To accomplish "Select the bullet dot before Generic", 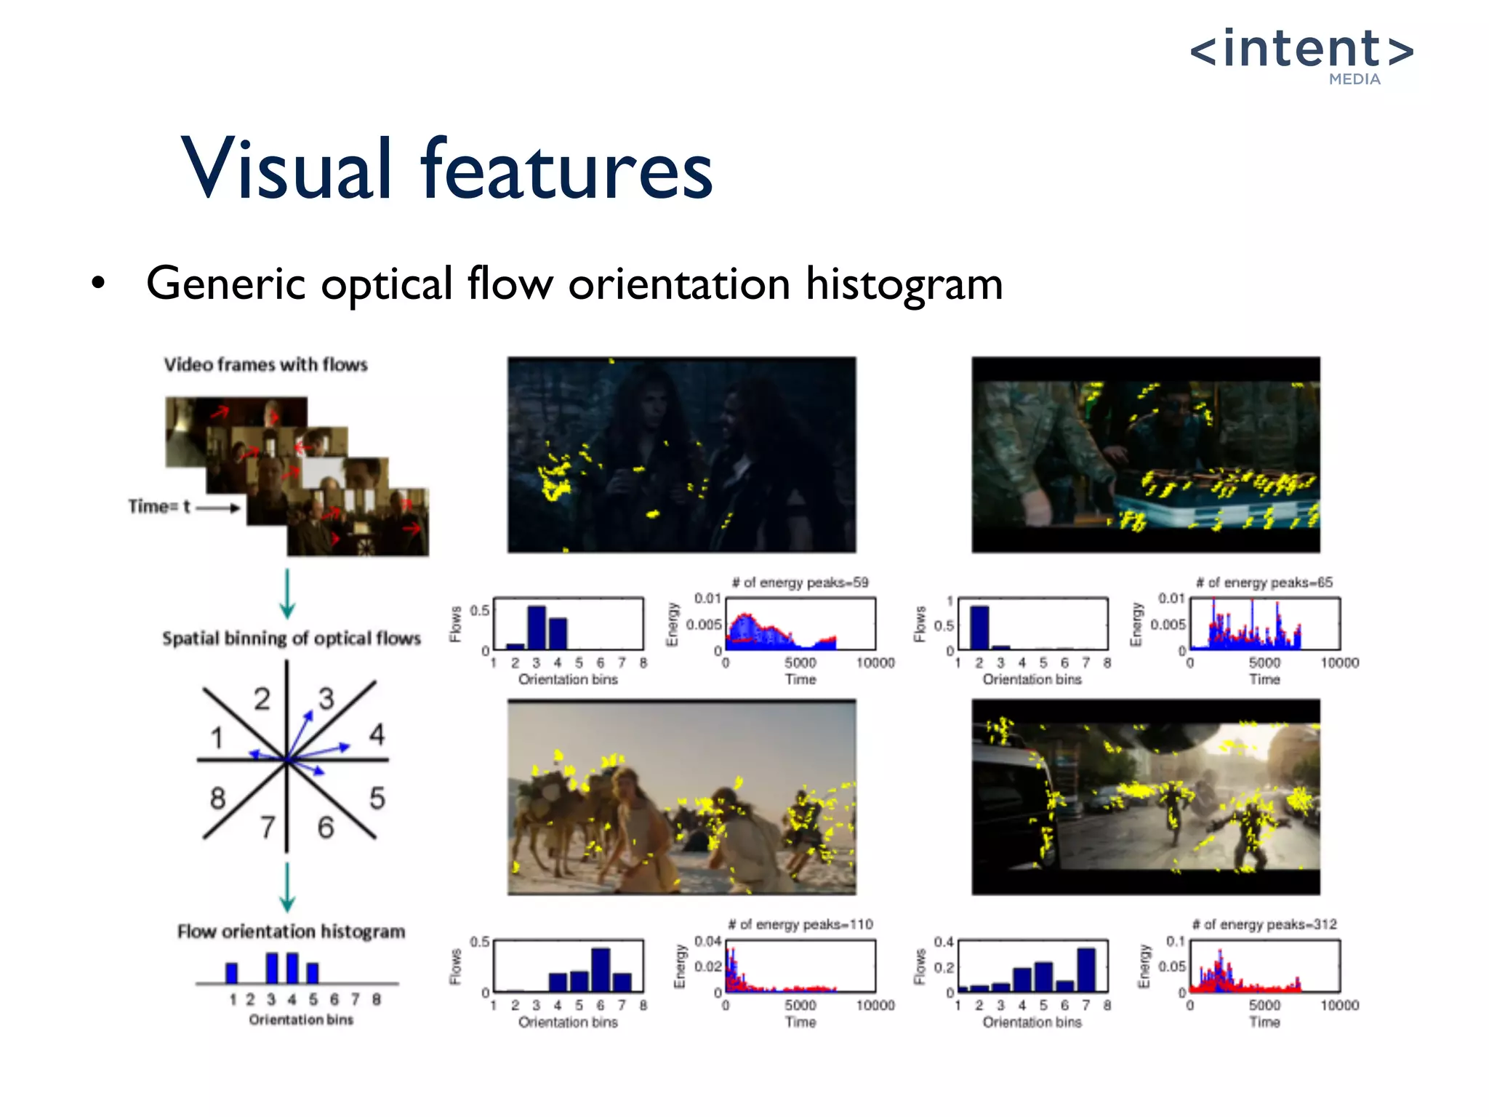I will (98, 283).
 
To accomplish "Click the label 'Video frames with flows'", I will (265, 364).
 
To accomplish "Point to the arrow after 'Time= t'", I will (218, 508).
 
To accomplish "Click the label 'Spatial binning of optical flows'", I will (291, 638).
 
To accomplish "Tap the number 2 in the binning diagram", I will (262, 700).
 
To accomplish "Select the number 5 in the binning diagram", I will (377, 798).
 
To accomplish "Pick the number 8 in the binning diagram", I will (217, 798).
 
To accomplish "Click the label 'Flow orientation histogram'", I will (291, 932).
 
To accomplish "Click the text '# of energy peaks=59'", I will (800, 582).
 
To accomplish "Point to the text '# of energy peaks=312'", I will (1264, 924).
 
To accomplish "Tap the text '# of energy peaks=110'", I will (800, 924).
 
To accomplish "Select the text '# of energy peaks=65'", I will (1264, 582).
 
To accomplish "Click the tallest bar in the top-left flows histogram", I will (537, 627).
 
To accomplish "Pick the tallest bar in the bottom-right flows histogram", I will (1086, 969).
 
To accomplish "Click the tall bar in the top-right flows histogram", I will (979, 627).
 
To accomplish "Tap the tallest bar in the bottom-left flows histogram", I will (601, 969).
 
